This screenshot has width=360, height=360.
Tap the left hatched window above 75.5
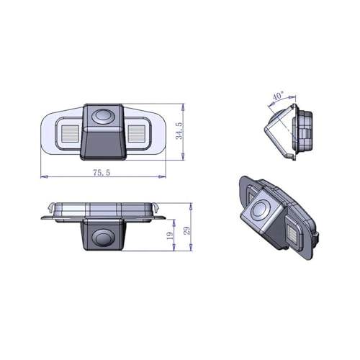[x=70, y=133]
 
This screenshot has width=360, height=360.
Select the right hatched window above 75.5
[x=138, y=133]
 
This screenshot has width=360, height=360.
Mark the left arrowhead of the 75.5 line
[x=42, y=176]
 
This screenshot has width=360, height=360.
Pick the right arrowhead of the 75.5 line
[x=166, y=176]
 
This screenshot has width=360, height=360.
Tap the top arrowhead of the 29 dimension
[x=191, y=202]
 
